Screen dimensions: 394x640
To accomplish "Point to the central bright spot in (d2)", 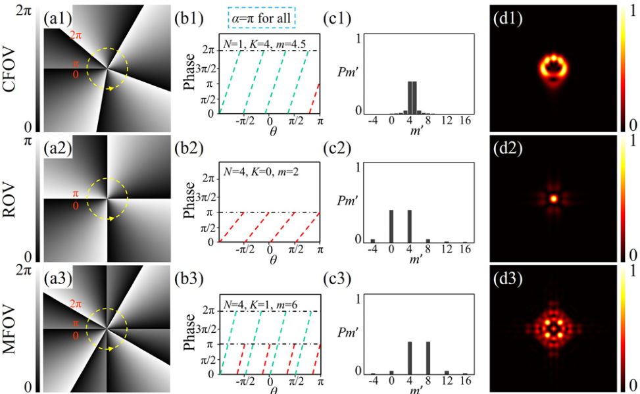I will (553, 197).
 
